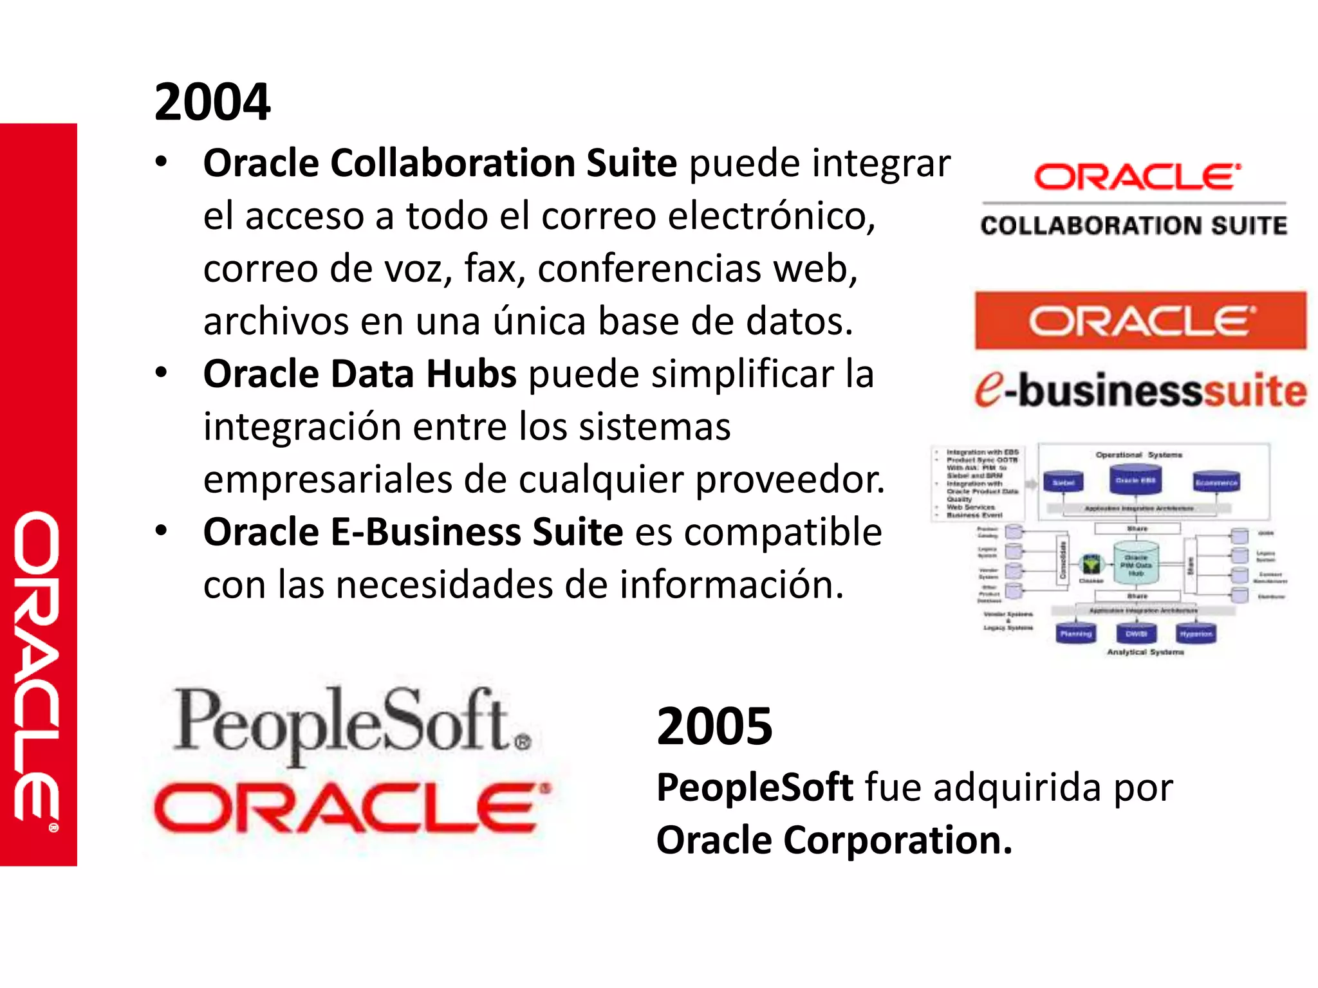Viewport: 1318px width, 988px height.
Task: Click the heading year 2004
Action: coord(212,102)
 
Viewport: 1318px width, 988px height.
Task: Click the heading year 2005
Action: coord(714,727)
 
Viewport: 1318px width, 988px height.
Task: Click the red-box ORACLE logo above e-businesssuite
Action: coord(1140,320)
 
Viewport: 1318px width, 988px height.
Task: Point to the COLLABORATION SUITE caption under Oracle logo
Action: coord(1133,226)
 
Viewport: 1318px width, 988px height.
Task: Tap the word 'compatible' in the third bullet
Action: coord(783,533)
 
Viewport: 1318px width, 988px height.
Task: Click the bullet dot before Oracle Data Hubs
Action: coord(161,372)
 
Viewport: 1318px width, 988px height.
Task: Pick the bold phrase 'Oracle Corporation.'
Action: coord(834,841)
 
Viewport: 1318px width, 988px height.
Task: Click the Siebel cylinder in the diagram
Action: coord(1063,482)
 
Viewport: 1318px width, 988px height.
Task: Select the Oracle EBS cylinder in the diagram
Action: coord(1135,479)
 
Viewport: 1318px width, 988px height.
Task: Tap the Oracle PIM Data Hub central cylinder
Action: coord(1136,563)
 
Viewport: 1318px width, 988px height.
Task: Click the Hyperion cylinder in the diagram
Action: coord(1196,634)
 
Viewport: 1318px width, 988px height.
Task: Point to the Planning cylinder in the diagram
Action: coord(1075,634)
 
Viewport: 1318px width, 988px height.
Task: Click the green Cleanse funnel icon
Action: coord(1091,565)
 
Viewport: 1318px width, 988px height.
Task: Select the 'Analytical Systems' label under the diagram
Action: coord(1145,652)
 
